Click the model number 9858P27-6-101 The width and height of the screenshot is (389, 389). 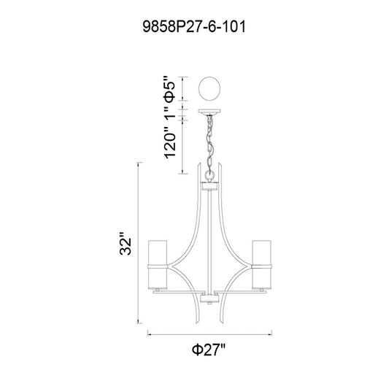click(194, 27)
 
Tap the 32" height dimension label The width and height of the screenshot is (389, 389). click(126, 244)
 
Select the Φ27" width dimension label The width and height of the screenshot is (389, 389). click(209, 350)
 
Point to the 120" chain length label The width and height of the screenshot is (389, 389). click(170, 145)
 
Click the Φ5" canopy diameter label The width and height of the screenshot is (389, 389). click(170, 89)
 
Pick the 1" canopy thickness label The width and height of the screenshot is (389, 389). click(170, 115)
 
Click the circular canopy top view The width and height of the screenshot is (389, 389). click(209, 88)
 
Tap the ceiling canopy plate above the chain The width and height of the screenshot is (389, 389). click(209, 111)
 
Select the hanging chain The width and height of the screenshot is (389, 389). click(210, 143)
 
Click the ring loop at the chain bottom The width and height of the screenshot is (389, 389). click(210, 176)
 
